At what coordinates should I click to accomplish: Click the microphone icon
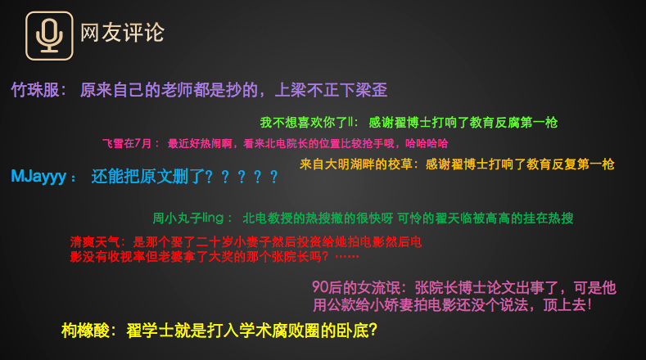click(x=49, y=36)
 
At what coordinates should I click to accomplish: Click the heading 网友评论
click(x=122, y=33)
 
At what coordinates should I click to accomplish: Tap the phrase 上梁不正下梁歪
click(x=331, y=90)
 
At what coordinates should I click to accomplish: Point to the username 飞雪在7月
click(x=127, y=143)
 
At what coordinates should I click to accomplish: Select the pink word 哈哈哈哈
click(x=427, y=143)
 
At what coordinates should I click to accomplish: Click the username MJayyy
click(x=38, y=176)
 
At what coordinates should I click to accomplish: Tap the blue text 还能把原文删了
click(x=147, y=176)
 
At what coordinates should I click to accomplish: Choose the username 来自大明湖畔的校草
click(x=356, y=164)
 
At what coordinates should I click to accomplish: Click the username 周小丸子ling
click(x=188, y=218)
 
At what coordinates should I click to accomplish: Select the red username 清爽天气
click(x=95, y=242)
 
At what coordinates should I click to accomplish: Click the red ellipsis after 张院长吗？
click(x=347, y=257)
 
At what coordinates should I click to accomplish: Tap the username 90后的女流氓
click(x=356, y=287)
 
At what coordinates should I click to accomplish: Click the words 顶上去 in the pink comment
click(x=564, y=305)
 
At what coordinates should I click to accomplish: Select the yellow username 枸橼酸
click(x=85, y=331)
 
